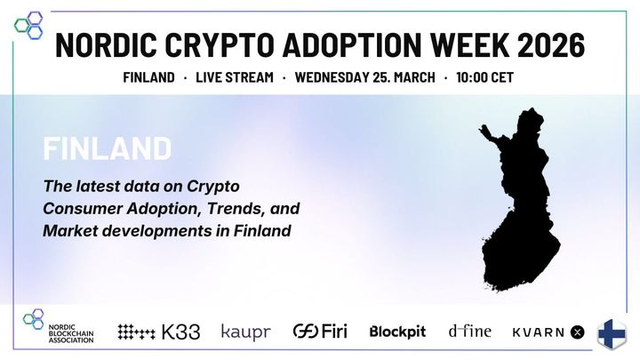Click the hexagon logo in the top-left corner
pyautogui.click(x=28, y=23)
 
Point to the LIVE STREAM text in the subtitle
pyautogui.click(x=234, y=77)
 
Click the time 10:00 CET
pyautogui.click(x=484, y=77)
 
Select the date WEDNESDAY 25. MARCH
pyautogui.click(x=365, y=77)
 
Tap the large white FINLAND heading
pyautogui.click(x=107, y=148)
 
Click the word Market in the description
pyautogui.click(x=71, y=231)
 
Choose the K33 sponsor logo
pyautogui.click(x=159, y=332)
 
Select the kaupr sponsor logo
pyautogui.click(x=245, y=332)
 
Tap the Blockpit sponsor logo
pyautogui.click(x=397, y=332)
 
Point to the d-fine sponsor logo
pyautogui.click(x=468, y=332)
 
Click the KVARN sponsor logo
pyautogui.click(x=548, y=332)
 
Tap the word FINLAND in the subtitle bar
pyautogui.click(x=148, y=77)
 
